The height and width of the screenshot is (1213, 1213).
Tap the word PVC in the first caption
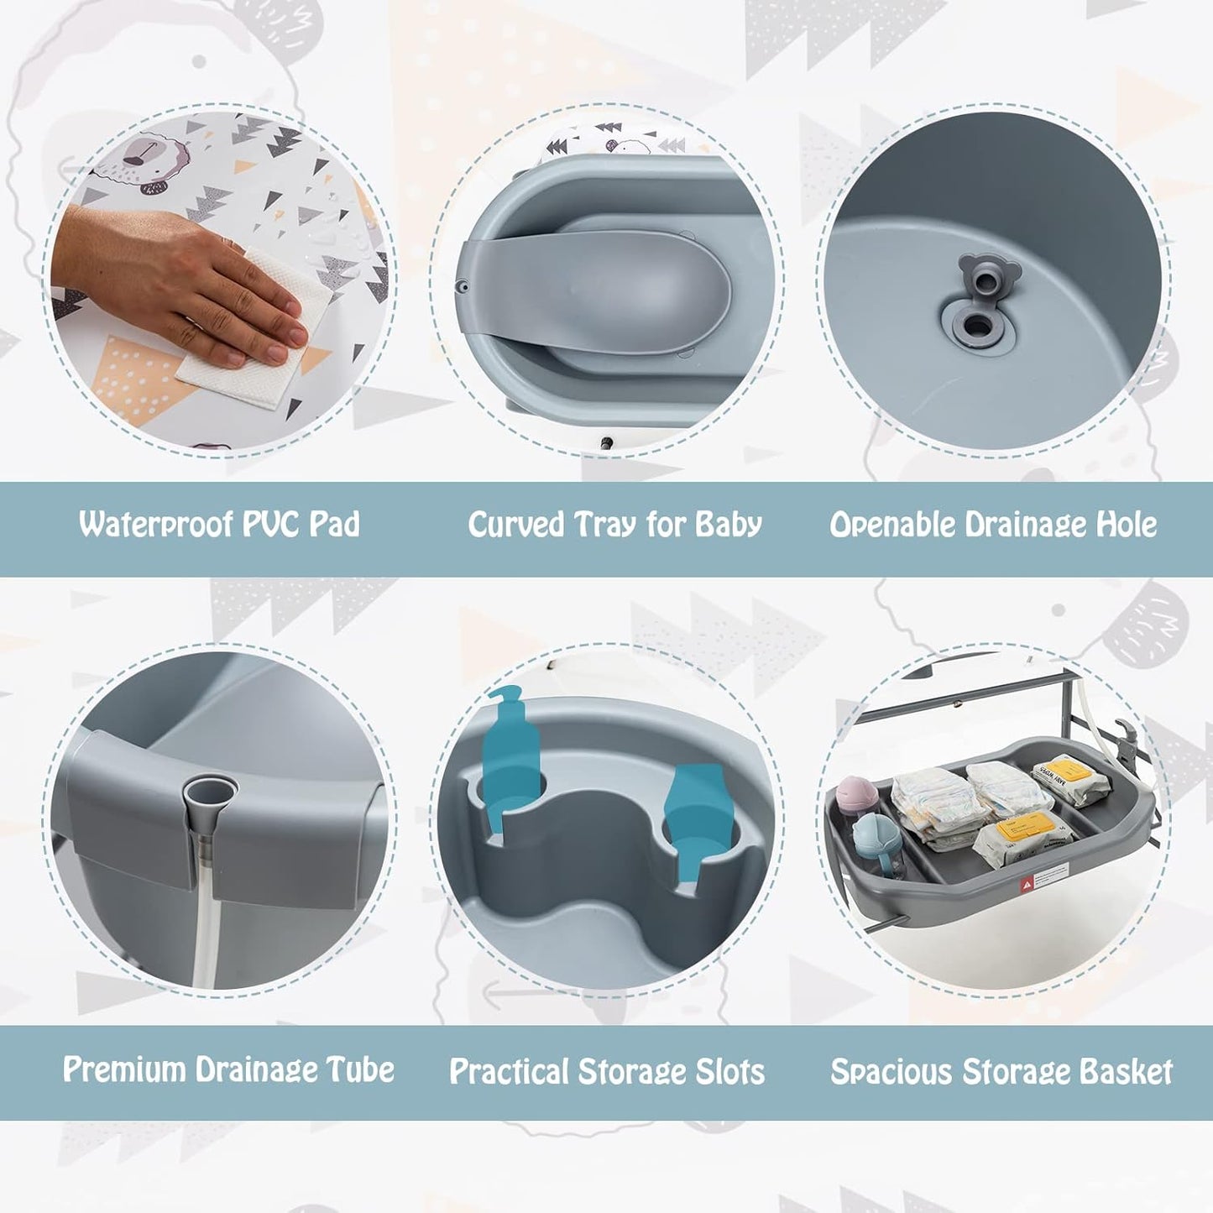click(x=267, y=524)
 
